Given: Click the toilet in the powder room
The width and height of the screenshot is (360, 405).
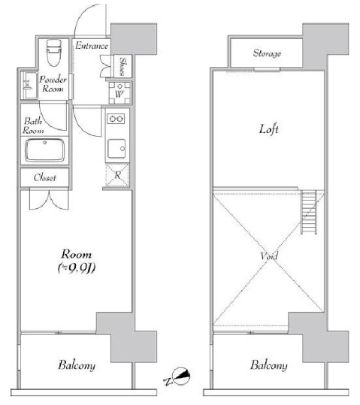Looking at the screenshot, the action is coord(54,52).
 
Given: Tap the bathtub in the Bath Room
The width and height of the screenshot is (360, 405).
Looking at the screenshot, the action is coord(44,150).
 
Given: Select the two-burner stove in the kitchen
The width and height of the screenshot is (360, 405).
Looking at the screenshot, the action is coord(116,119).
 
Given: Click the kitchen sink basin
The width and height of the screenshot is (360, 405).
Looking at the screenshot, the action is coord(116,149).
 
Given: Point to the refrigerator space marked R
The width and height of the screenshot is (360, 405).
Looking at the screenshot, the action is coord(117,175).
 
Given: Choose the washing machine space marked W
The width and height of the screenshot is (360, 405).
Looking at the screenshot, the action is coord(119,92).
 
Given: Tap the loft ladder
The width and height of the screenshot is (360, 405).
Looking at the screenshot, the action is coord(309,212).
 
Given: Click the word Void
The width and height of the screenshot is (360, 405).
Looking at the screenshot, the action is coord(269,256).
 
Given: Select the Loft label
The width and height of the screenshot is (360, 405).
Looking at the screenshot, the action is coord(269,129).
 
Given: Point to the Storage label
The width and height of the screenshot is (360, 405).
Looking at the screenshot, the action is coord(267,53).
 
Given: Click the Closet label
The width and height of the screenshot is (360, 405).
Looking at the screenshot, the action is coord(45,177).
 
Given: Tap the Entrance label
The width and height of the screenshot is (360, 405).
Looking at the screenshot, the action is coord(92,46).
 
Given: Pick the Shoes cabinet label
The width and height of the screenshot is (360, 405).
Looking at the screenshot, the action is coord(123,66).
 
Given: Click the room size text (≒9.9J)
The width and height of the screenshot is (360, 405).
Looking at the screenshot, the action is coord(77,268).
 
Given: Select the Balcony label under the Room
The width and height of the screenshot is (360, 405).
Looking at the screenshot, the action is coord(77,365).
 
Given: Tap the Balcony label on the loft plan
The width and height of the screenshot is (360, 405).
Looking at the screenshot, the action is coord(269,365).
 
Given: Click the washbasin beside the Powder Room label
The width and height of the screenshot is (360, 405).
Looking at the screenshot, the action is coord(30,85).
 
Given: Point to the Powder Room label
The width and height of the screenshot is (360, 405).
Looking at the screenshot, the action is coord(53,84).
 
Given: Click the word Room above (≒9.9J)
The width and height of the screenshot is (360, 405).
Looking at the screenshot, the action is coord(77,255).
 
